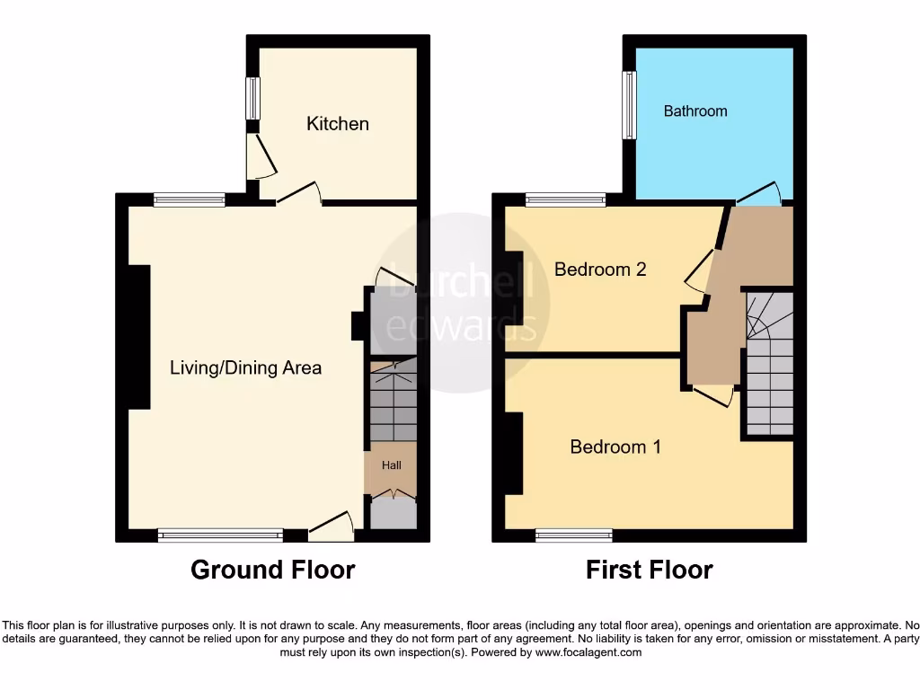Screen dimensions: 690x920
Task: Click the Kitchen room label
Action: click(338, 124)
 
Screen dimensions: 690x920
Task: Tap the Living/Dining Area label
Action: click(246, 367)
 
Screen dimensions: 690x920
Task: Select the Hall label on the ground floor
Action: click(392, 465)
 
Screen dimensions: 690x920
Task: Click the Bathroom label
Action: click(695, 111)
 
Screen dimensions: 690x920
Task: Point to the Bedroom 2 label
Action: click(600, 269)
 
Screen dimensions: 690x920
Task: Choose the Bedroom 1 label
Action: click(615, 447)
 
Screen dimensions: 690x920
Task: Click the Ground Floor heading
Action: click(272, 570)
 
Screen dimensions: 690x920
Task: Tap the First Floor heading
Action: click(649, 570)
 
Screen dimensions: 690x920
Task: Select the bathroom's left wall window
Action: click(629, 105)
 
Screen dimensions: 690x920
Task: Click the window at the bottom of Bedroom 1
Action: click(574, 536)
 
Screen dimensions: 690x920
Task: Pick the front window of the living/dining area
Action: click(220, 536)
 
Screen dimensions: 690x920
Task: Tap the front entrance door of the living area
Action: click(331, 528)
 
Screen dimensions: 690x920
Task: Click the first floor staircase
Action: click(769, 364)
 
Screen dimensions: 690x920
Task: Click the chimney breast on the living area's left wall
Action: click(138, 338)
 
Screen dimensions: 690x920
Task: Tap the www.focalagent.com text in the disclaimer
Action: click(588, 653)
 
